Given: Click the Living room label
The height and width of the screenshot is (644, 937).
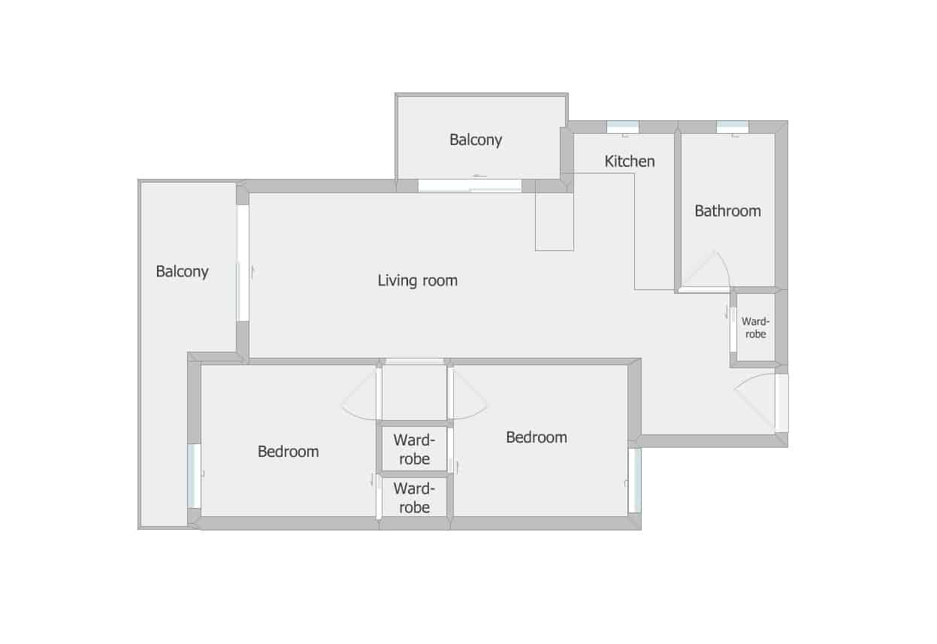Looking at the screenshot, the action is (x=418, y=280).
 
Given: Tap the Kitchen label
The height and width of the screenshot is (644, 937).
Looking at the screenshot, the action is (x=630, y=161).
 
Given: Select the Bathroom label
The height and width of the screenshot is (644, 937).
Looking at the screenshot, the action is (x=728, y=211).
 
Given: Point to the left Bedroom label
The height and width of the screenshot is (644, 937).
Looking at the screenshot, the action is (x=289, y=452).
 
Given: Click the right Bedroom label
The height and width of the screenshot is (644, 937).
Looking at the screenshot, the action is (x=537, y=437).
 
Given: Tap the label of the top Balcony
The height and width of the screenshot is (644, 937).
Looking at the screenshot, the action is (x=476, y=140).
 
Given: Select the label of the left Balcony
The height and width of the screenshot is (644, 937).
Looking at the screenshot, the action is (x=182, y=271).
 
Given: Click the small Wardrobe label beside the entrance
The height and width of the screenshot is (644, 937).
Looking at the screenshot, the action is (x=755, y=328).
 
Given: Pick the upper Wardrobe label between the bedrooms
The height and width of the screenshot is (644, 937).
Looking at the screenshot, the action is (x=414, y=449).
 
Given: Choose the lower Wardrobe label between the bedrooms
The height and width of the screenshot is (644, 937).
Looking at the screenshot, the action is (x=414, y=498).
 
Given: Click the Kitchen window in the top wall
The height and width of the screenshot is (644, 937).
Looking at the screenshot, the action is (x=623, y=127).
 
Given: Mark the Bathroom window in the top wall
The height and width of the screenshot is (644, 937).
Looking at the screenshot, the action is (x=733, y=127).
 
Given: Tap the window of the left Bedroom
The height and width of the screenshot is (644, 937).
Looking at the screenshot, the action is (x=194, y=476).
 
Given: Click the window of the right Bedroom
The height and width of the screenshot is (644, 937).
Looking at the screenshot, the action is (x=635, y=480).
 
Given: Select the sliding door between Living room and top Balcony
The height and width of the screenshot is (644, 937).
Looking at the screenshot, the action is (x=470, y=186).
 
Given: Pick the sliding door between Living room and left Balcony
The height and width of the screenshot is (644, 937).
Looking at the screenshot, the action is (x=243, y=263).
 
